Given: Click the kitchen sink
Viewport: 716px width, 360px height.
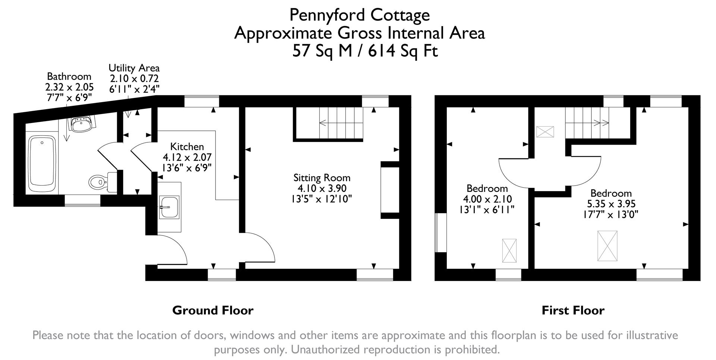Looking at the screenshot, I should coord(169,207).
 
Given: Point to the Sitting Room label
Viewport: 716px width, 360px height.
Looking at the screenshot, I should coord(322,178).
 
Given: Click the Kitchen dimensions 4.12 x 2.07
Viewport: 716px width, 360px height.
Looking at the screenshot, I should coord(187,157).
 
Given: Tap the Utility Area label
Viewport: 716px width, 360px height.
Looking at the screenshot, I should coord(134,68).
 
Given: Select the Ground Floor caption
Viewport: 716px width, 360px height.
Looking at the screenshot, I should coord(213,310).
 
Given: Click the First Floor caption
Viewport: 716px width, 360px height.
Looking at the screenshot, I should coord(573,310).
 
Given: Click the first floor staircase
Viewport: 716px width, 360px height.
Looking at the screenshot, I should coord(587,122).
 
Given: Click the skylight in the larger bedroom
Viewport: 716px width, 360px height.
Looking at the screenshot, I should coord(607,246).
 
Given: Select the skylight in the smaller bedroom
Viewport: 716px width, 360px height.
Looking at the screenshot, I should coord(509,250).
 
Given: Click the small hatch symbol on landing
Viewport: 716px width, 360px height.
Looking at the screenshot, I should coord(545,132).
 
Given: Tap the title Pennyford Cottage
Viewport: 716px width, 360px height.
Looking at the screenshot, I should coord(359,15).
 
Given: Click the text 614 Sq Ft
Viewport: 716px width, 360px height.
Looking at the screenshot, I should coord(403,51).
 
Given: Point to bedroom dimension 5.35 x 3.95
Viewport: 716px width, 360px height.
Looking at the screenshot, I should coord(611,204).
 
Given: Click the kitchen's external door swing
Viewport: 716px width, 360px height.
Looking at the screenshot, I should coord(173,250).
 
